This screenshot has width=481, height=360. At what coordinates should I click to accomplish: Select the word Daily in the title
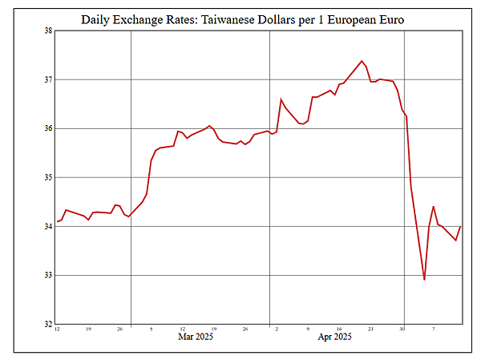(98, 18)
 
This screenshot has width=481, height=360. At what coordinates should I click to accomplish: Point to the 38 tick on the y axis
(47, 31)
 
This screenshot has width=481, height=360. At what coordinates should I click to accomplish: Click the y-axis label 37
(47, 79)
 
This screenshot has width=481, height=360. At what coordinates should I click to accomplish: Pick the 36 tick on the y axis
(47, 128)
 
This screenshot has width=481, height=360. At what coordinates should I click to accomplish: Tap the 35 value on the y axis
(47, 177)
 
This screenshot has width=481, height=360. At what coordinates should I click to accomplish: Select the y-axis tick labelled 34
(47, 226)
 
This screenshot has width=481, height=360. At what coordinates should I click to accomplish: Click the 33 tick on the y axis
(47, 275)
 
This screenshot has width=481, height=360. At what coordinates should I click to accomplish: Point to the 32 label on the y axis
(47, 324)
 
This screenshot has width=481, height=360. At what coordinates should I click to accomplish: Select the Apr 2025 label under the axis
(335, 338)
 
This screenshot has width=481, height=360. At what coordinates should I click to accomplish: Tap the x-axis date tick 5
(151, 329)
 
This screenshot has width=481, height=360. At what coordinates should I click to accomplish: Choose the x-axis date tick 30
(402, 329)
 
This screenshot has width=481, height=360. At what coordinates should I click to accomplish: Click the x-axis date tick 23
(370, 329)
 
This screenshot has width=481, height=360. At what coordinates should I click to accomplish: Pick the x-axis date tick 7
(434, 329)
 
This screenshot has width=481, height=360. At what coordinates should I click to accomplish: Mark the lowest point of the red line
(424, 280)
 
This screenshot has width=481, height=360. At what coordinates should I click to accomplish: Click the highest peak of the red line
(362, 61)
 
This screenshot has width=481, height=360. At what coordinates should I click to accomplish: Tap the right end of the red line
(460, 227)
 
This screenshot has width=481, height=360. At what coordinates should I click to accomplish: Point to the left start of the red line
(57, 221)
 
